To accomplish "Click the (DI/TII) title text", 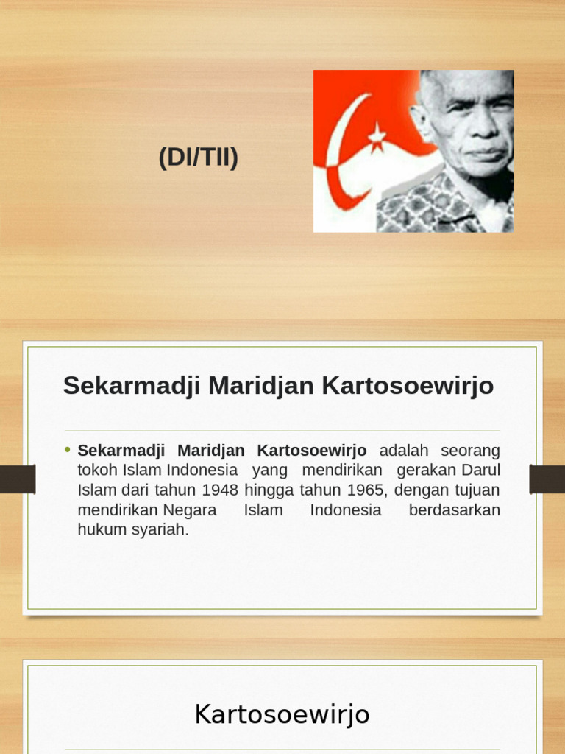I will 199,158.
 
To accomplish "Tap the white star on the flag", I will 377,136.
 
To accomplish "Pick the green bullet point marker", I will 68,449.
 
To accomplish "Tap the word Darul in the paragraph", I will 481,470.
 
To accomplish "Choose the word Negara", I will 190,510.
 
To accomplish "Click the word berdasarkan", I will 454,510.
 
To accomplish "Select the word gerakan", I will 427,470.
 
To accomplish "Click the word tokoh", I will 97,470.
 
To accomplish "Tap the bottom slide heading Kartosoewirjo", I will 282,714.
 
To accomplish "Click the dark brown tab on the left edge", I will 18,479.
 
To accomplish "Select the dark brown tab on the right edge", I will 547,479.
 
